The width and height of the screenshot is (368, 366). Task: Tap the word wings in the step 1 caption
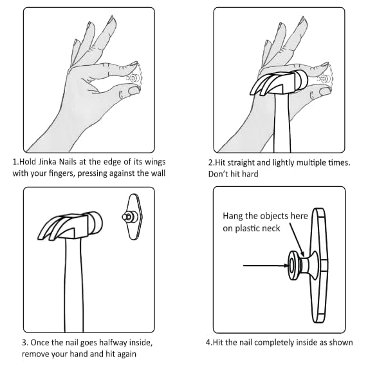point(155,162)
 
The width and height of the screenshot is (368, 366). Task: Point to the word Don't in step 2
point(217,174)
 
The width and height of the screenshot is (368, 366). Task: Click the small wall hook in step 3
point(133,217)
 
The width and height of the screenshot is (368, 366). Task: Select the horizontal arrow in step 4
point(266,265)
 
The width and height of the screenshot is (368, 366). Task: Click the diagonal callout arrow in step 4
point(297,240)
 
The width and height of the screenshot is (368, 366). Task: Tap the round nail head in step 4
point(292,265)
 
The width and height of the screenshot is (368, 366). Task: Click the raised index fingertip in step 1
point(112,19)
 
